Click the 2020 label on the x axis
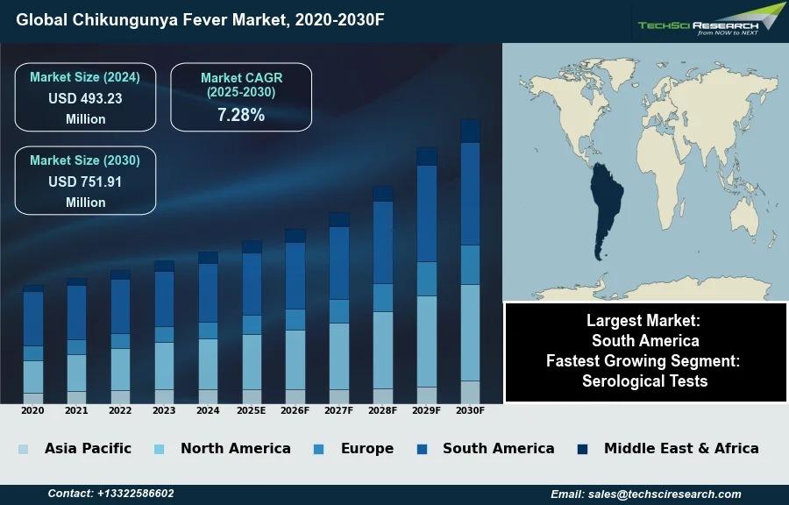[32, 410]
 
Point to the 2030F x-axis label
[470, 410]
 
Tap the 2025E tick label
[252, 410]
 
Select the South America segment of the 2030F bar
[470, 193]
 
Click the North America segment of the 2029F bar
[427, 340]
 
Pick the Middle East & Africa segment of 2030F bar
[470, 131]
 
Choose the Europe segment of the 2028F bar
[383, 297]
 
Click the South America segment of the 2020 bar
[33, 318]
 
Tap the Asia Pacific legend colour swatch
[23, 449]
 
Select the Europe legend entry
[366, 448]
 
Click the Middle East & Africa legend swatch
[582, 449]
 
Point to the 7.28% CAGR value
[241, 115]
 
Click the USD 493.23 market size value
[85, 98]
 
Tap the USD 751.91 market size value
[85, 181]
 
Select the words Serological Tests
[644, 381]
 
